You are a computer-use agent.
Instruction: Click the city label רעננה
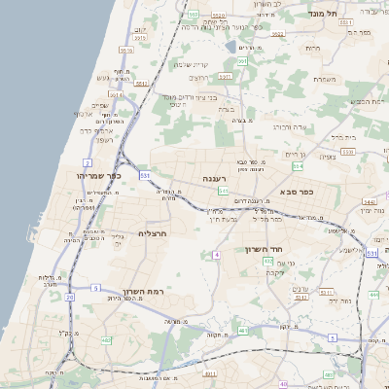click(215, 180)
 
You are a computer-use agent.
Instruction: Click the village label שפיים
click(99, 105)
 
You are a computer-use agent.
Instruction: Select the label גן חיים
click(296, 154)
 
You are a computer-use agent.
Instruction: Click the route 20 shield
click(69, 297)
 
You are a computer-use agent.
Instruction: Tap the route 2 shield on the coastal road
click(88, 162)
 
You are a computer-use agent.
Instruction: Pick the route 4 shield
click(216, 255)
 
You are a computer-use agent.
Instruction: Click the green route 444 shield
click(373, 294)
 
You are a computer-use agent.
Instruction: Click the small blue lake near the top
click(229, 45)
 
